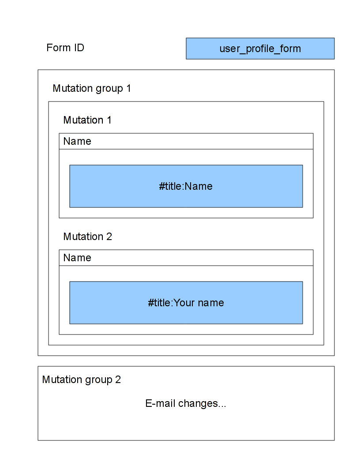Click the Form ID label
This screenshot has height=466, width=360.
pyautogui.click(x=65, y=48)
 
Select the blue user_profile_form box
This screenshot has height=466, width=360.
pyautogui.click(x=260, y=49)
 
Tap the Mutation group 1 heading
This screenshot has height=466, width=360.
pyautogui.click(x=91, y=89)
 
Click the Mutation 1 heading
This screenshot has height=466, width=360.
pyautogui.click(x=87, y=120)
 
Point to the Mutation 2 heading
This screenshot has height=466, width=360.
pyautogui.click(x=88, y=237)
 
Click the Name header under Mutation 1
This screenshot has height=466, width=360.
pyautogui.click(x=77, y=141)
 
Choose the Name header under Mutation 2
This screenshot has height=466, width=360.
pyautogui.click(x=77, y=258)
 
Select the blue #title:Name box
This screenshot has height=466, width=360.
pyautogui.click(x=186, y=186)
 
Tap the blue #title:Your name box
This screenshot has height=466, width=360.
pyautogui.click(x=186, y=303)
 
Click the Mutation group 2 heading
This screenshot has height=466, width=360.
pyautogui.click(x=81, y=380)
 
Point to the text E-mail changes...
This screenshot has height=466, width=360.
pyautogui.click(x=186, y=403)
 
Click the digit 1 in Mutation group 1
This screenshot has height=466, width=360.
pyautogui.click(x=128, y=88)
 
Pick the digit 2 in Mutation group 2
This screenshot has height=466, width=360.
pyautogui.click(x=118, y=380)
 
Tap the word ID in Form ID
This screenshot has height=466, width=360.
pyautogui.click(x=79, y=48)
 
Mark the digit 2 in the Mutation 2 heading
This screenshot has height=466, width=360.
pyautogui.click(x=109, y=237)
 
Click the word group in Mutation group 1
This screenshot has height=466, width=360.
pyautogui.click(x=109, y=89)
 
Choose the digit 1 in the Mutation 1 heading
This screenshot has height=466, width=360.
pyautogui.click(x=109, y=120)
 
